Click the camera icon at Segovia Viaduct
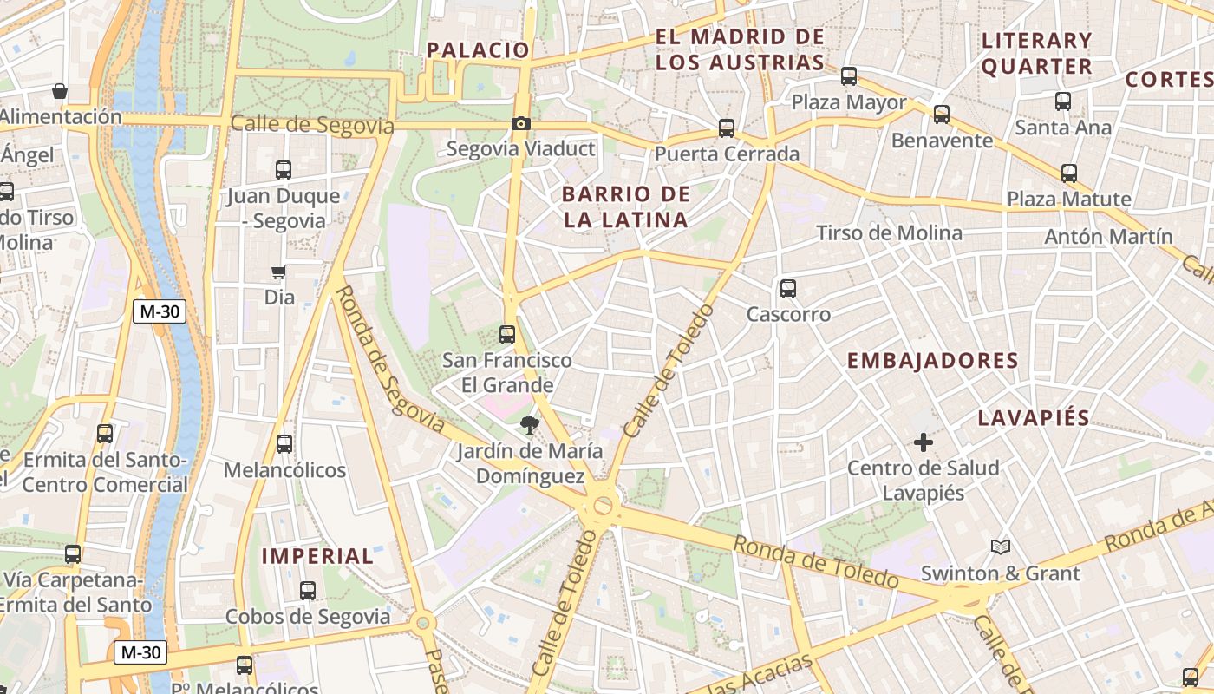(520, 124)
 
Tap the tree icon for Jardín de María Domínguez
(528, 424)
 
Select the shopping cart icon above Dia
(279, 272)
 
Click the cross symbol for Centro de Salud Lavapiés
(924, 443)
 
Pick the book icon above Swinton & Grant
(1001, 547)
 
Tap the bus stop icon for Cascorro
(788, 288)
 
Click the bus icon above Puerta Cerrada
(727, 128)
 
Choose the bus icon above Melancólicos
(284, 444)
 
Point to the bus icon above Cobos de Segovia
(308, 591)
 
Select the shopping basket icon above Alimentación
(60, 91)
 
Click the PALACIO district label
(478, 50)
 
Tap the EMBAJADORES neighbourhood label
(932, 361)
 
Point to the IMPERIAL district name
(317, 556)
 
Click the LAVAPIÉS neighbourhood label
(1034, 418)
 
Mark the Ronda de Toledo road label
(815, 562)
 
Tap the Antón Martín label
(1108, 236)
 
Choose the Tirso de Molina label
(889, 232)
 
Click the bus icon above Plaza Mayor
(849, 76)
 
